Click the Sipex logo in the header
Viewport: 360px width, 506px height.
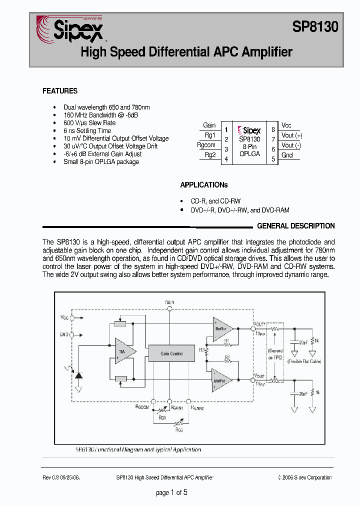point(70,28)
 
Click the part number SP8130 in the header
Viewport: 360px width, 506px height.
point(315,27)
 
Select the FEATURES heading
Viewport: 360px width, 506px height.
point(60,91)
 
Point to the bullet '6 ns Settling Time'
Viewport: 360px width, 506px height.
point(87,130)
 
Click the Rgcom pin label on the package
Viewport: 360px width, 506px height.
point(206,145)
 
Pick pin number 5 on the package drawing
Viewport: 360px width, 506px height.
point(273,159)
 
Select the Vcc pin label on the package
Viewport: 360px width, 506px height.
point(286,125)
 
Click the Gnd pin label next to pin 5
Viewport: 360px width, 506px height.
point(287,155)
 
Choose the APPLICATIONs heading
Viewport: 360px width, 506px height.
point(203,185)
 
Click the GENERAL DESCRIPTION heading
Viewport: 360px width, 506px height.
point(295,226)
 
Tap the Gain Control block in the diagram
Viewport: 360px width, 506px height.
point(171,353)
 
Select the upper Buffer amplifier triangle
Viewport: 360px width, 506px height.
point(220,328)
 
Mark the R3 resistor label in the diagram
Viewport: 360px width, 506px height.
point(201,350)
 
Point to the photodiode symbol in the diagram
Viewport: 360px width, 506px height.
point(78,373)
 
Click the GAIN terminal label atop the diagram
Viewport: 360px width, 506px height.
point(169,302)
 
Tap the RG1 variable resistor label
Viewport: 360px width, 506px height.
point(162,417)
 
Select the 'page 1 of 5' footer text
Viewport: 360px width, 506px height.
point(171,492)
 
